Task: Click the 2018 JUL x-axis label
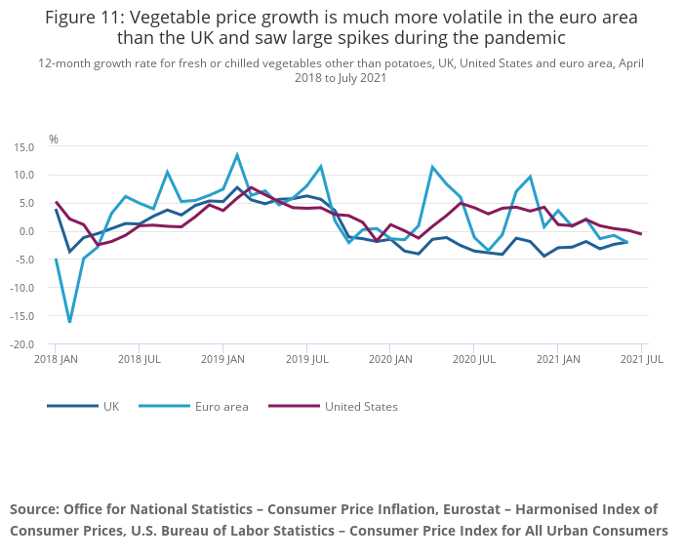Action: tap(139, 360)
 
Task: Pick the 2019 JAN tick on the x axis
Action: tap(222, 360)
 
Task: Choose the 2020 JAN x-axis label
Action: tap(389, 360)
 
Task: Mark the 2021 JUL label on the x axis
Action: tap(641, 360)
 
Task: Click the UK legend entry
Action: tap(110, 406)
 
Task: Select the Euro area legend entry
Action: tap(221, 406)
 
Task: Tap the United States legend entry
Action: tap(361, 406)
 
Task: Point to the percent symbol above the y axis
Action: tap(54, 140)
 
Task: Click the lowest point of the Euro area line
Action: tap(69, 321)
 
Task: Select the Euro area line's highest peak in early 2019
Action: tap(237, 154)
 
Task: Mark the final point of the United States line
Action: tap(641, 234)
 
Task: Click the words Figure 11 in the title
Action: tap(87, 17)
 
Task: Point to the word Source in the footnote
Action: tap(33, 509)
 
